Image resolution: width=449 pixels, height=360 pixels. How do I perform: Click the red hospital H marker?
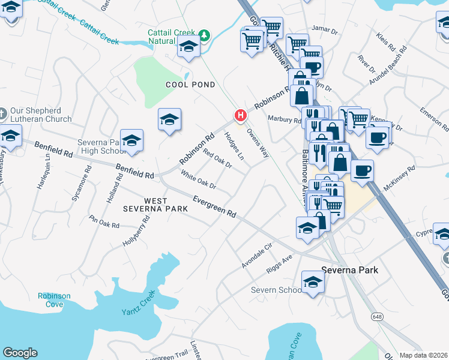(241, 115)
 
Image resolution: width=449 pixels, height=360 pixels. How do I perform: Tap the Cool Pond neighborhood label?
(190, 85)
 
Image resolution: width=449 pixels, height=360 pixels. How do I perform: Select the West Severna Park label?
(155, 204)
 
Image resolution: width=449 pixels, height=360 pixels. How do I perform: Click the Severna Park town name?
(350, 270)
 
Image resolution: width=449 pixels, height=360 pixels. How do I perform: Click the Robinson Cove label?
(54, 300)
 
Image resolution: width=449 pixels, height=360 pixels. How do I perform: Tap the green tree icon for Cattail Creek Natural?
(204, 35)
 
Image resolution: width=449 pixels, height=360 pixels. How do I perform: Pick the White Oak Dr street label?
(198, 181)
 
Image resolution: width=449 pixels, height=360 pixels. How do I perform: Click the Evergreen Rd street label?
(214, 206)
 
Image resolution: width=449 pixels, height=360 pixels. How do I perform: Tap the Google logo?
(20, 353)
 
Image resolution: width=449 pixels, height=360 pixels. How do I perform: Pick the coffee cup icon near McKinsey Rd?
(362, 170)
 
